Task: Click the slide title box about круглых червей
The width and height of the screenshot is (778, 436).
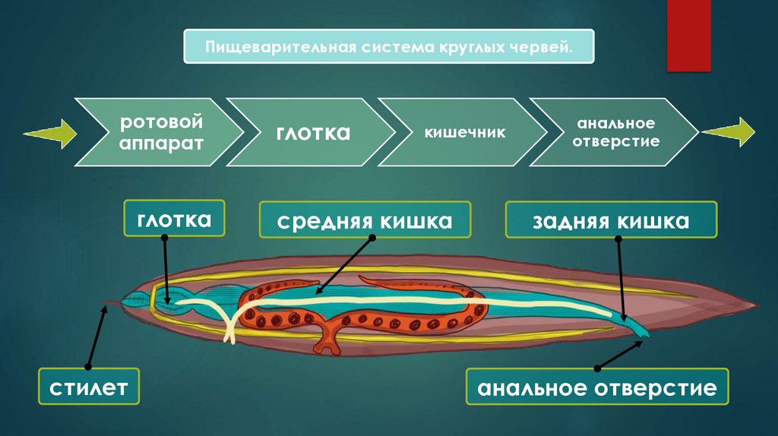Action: click(388, 47)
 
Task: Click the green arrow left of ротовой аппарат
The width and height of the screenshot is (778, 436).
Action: click(49, 134)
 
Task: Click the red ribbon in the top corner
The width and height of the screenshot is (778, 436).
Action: click(688, 35)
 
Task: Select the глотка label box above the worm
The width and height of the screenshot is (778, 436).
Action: click(174, 220)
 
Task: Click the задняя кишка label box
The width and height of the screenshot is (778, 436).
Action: click(610, 222)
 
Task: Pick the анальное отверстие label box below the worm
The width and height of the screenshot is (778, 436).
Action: click(596, 390)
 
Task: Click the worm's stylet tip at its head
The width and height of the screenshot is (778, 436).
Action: click(106, 305)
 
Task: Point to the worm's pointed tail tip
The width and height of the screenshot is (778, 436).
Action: click(757, 305)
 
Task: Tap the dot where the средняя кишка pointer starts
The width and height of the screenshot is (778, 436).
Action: click(372, 237)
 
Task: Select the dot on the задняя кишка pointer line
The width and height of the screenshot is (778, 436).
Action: click(618, 239)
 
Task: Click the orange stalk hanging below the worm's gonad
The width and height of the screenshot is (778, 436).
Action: click(327, 340)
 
